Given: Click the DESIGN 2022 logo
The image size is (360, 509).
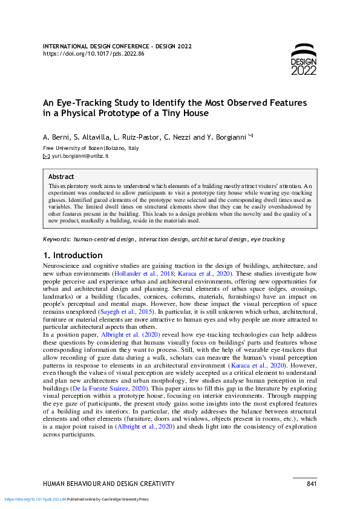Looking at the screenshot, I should (x=303, y=60).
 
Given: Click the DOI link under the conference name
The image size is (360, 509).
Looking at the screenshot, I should (x=94, y=54).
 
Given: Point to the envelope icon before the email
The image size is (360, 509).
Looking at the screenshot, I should (x=46, y=156).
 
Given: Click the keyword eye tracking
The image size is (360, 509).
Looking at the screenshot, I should (x=267, y=239).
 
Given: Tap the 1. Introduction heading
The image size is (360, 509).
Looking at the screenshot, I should (x=73, y=255).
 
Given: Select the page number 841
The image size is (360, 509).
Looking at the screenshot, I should (x=312, y=484).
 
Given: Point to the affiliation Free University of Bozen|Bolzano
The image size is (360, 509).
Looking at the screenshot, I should (x=91, y=148).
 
